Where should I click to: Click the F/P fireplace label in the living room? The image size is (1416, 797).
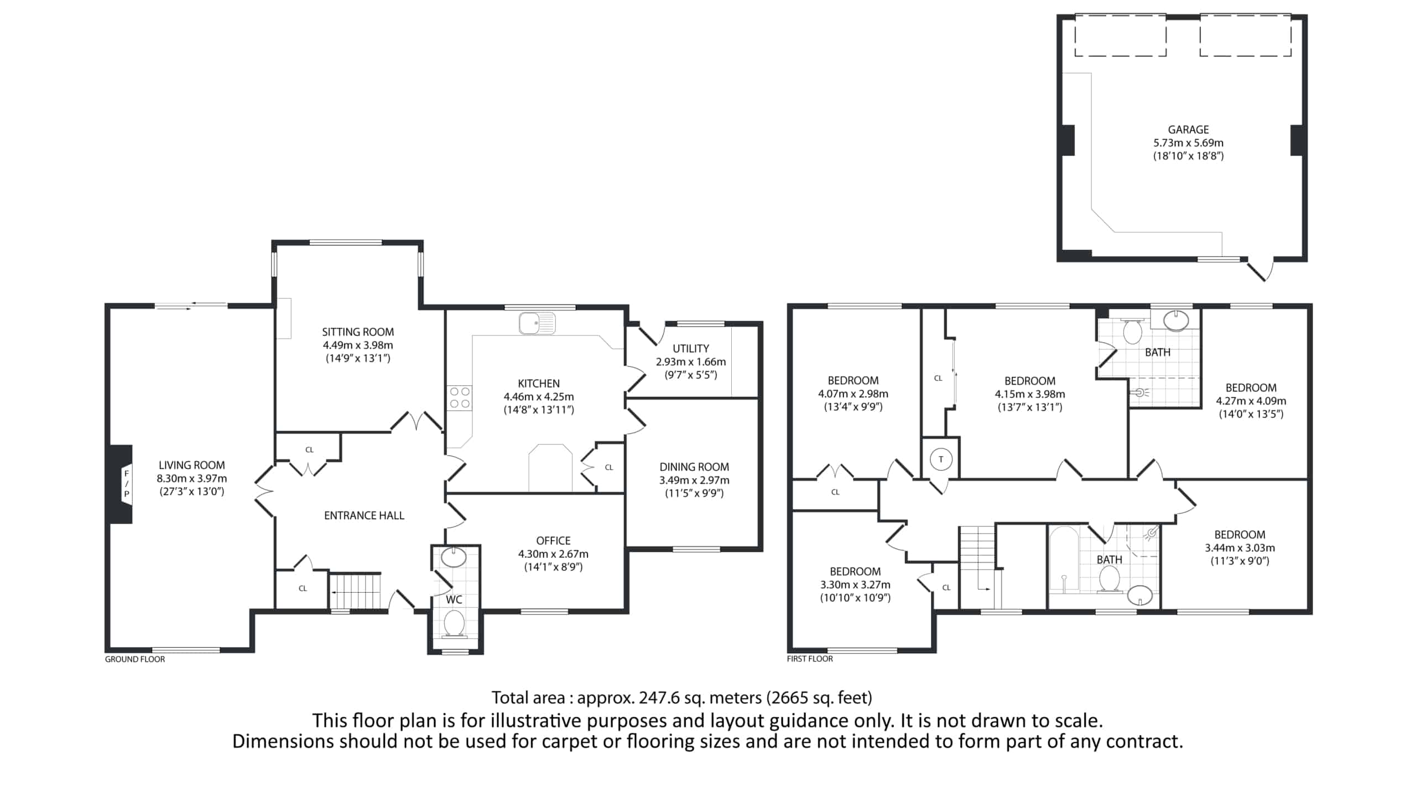[x=127, y=484]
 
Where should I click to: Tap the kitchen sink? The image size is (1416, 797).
[x=537, y=323]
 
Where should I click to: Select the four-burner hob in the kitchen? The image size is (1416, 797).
[x=460, y=397]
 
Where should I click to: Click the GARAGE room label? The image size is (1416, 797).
[x=1188, y=130]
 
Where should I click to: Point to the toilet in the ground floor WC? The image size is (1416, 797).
[x=454, y=624]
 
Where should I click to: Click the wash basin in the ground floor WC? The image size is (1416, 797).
[x=454, y=557]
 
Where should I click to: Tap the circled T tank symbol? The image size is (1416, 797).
[x=940, y=459]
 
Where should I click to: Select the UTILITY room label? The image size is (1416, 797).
[x=691, y=349]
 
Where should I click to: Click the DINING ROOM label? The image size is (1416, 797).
[x=694, y=467]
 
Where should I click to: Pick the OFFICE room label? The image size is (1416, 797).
[x=553, y=541]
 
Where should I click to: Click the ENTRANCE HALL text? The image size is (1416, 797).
[x=364, y=516]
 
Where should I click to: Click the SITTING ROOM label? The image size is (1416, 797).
[x=358, y=332]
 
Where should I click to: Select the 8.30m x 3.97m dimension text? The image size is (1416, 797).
[x=191, y=478]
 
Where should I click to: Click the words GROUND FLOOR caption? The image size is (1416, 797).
[x=135, y=659]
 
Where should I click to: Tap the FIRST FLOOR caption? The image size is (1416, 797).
[x=810, y=659]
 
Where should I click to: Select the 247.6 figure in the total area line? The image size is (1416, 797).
[x=659, y=698]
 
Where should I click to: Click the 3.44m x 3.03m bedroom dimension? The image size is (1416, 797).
[x=1240, y=548]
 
